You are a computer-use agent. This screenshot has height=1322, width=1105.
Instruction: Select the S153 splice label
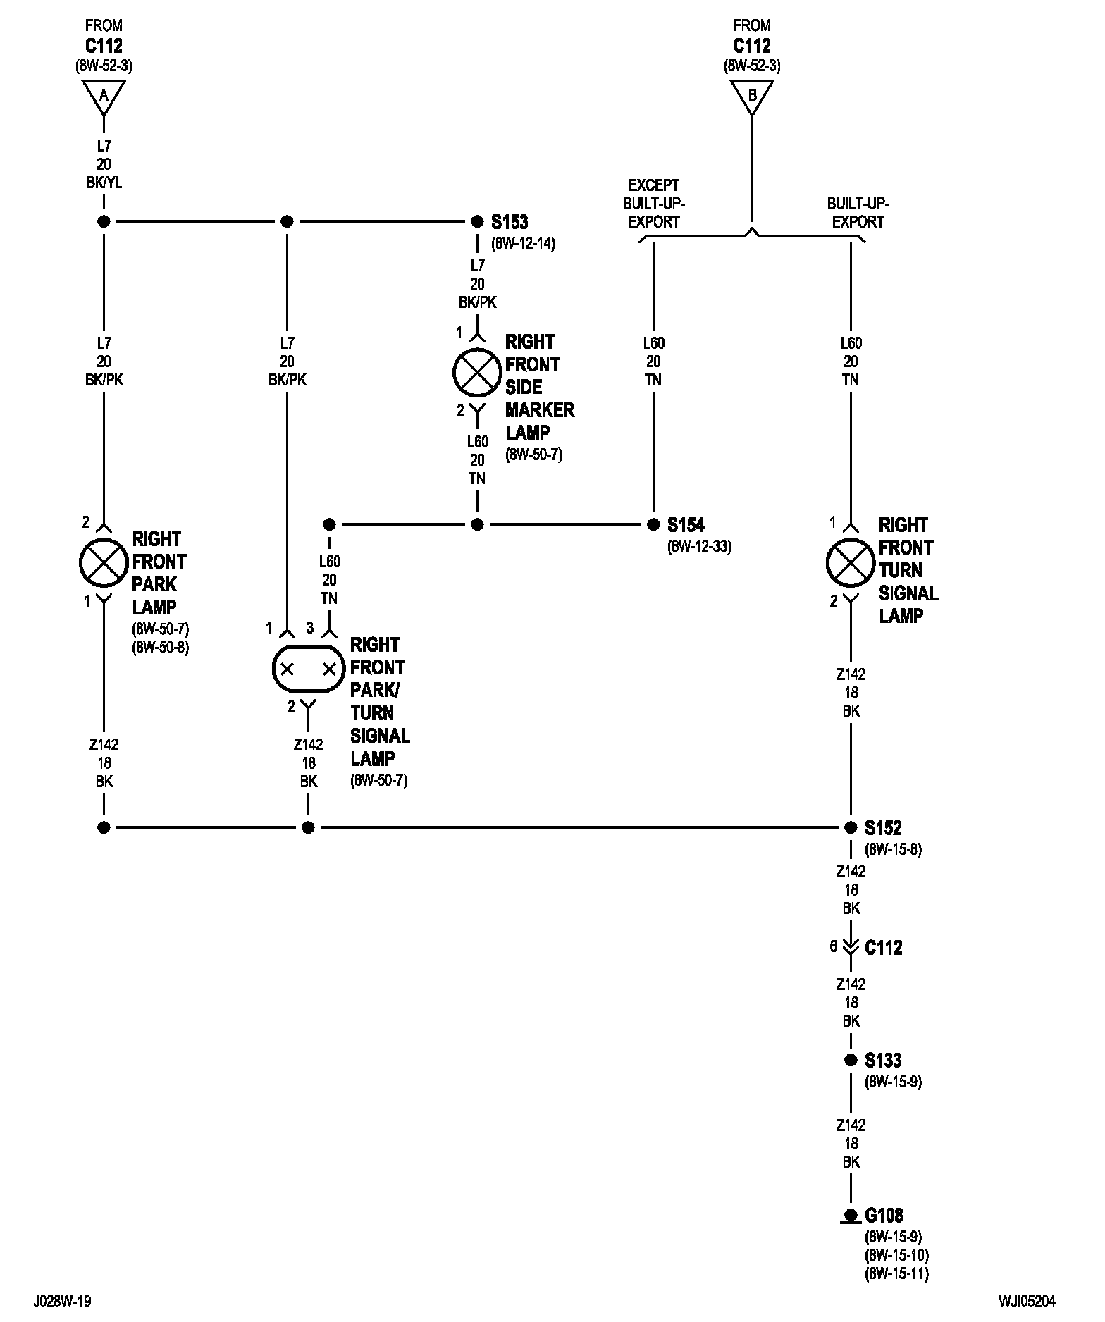510,222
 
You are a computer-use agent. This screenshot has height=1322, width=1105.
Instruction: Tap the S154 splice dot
653,524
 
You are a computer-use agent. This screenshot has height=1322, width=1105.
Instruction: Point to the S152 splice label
883,827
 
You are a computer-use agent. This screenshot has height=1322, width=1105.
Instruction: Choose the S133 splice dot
851,1060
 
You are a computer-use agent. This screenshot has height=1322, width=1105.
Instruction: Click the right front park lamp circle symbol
104,562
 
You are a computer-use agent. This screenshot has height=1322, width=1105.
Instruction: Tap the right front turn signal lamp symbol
851,562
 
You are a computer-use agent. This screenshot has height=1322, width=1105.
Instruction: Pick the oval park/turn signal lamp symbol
308,668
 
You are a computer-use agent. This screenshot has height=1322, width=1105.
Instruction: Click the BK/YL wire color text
104,183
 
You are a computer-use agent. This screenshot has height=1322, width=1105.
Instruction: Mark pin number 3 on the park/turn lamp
309,627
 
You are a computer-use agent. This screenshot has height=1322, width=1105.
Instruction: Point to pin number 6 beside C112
834,946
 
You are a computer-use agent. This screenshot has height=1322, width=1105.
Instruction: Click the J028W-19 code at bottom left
62,1301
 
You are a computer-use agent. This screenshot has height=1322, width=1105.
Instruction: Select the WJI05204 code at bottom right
1027,1301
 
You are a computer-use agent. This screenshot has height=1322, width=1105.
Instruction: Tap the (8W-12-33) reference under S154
699,546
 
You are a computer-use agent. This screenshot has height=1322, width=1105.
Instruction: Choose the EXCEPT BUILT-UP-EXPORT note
653,203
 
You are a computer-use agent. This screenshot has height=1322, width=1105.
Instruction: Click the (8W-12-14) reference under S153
523,244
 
